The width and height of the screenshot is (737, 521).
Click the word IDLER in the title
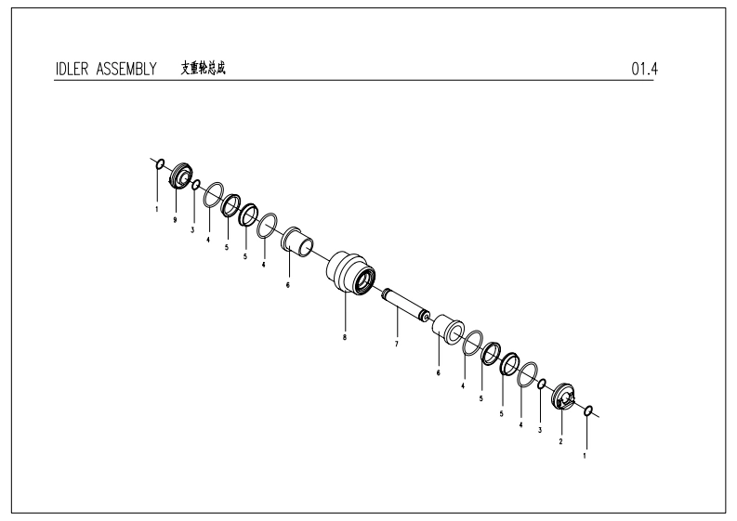tap(72, 69)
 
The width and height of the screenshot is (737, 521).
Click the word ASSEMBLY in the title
tap(126, 69)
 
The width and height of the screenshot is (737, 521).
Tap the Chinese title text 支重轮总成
tap(204, 68)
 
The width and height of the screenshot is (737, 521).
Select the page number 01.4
tap(644, 69)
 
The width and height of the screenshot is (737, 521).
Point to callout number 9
tap(175, 220)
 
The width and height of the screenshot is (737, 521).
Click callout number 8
tap(345, 337)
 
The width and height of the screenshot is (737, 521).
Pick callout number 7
tap(396, 344)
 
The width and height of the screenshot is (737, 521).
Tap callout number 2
tap(560, 442)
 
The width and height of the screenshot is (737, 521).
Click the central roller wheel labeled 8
tap(350, 274)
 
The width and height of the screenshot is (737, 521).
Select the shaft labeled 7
tap(405, 305)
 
